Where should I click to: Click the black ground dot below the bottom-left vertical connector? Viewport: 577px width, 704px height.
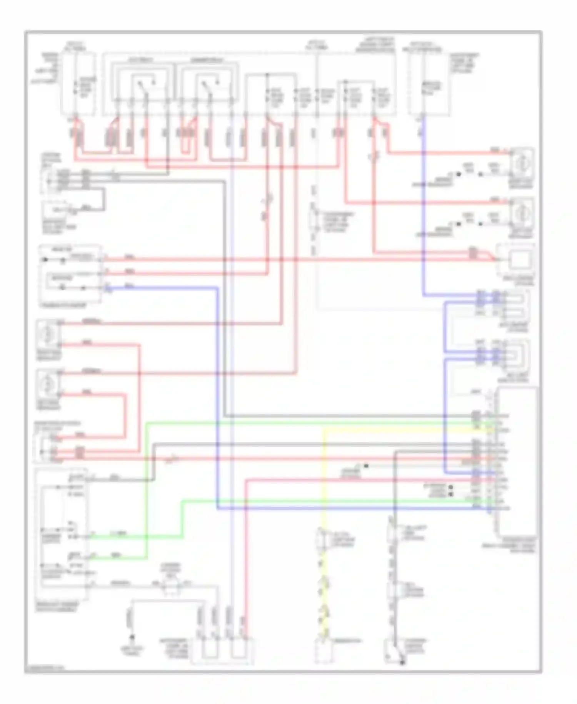click(x=132, y=637)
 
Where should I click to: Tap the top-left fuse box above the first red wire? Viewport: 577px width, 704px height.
click(x=79, y=85)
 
